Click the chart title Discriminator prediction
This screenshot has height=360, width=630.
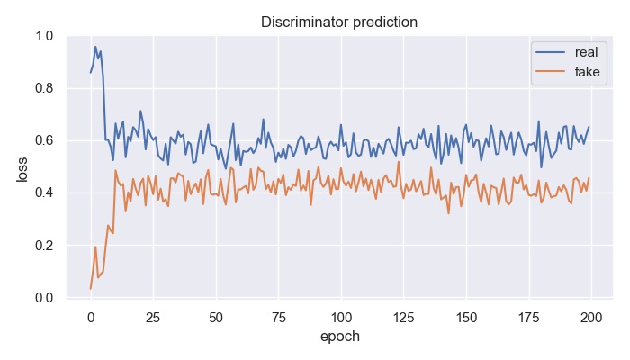tap(339, 22)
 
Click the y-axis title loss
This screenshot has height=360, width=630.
tap(22, 167)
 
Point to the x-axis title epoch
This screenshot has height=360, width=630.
tap(339, 337)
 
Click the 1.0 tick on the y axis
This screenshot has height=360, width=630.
tap(44, 37)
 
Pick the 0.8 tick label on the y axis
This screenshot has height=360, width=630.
tap(44, 89)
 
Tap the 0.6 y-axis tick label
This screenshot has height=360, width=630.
tap(44, 141)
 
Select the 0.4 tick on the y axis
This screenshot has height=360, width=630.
tap(44, 193)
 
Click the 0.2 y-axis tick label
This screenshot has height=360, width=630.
tap(44, 246)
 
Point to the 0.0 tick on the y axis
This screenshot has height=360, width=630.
tap(44, 298)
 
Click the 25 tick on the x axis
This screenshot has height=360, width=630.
tap(153, 316)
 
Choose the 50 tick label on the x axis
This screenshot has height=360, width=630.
tap(216, 316)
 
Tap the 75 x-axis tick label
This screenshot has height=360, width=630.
tap(278, 316)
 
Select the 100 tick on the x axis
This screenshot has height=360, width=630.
tap(341, 316)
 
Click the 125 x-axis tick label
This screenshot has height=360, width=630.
tap(404, 316)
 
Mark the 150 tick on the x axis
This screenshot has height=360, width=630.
tap(466, 316)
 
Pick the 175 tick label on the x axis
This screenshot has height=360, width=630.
tap(529, 316)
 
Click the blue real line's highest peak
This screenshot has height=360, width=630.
tap(95, 48)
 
